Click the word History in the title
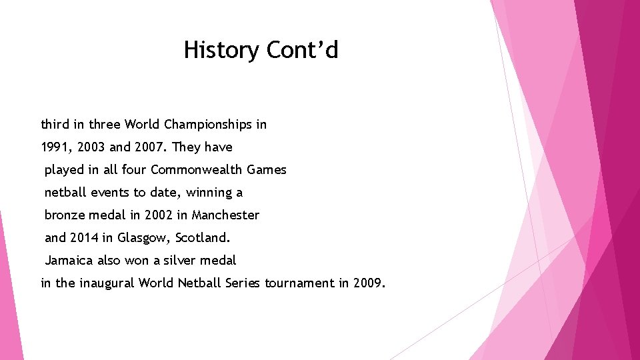pos(221,50)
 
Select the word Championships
pos(208,125)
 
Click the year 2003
pos(91,147)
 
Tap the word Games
pos(266,170)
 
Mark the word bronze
pos(65,215)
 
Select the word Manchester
pos(225,215)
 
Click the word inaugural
pos(107,283)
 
